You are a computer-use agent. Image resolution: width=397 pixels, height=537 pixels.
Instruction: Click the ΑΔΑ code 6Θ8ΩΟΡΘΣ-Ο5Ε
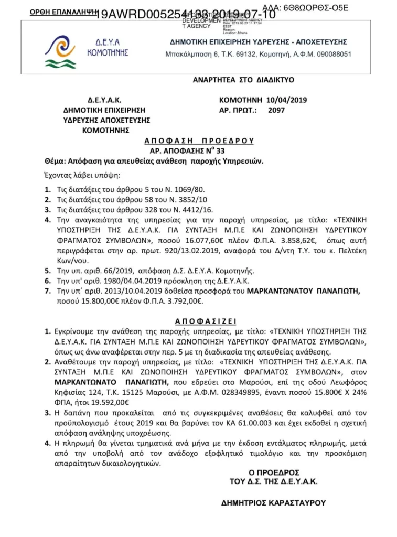pyautogui.click(x=317, y=8)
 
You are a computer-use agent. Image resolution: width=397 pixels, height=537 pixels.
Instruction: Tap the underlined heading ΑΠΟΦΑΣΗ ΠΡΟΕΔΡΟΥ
pyautogui.click(x=199, y=141)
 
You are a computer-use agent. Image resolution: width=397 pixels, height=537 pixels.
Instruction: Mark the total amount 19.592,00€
pyautogui.click(x=111, y=402)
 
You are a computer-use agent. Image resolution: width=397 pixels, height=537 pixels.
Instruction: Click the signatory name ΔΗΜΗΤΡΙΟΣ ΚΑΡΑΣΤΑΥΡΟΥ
pyautogui.click(x=274, y=502)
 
